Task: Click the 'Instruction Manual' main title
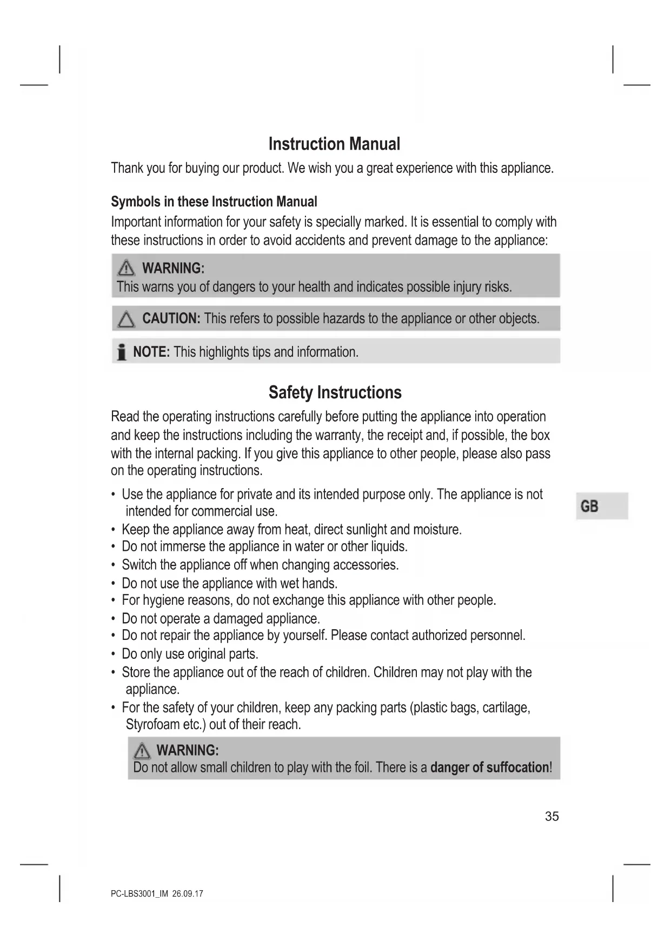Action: (x=334, y=144)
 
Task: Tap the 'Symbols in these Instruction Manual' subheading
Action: (x=214, y=202)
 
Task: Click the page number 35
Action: (x=552, y=816)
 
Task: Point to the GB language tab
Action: (x=589, y=506)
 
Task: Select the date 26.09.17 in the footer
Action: (x=188, y=893)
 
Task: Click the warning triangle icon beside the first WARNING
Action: (x=126, y=268)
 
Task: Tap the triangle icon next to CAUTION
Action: (x=126, y=319)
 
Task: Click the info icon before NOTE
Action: (x=122, y=352)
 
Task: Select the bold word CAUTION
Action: (x=171, y=318)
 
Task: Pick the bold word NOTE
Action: (x=151, y=352)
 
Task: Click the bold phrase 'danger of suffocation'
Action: (x=489, y=767)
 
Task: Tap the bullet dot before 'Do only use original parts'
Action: (x=113, y=654)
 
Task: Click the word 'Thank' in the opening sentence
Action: (x=127, y=168)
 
